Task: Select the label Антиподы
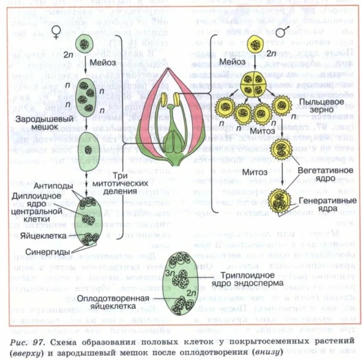pyautogui.click(x=56, y=186)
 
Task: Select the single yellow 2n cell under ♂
pyautogui.click(x=254, y=46)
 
